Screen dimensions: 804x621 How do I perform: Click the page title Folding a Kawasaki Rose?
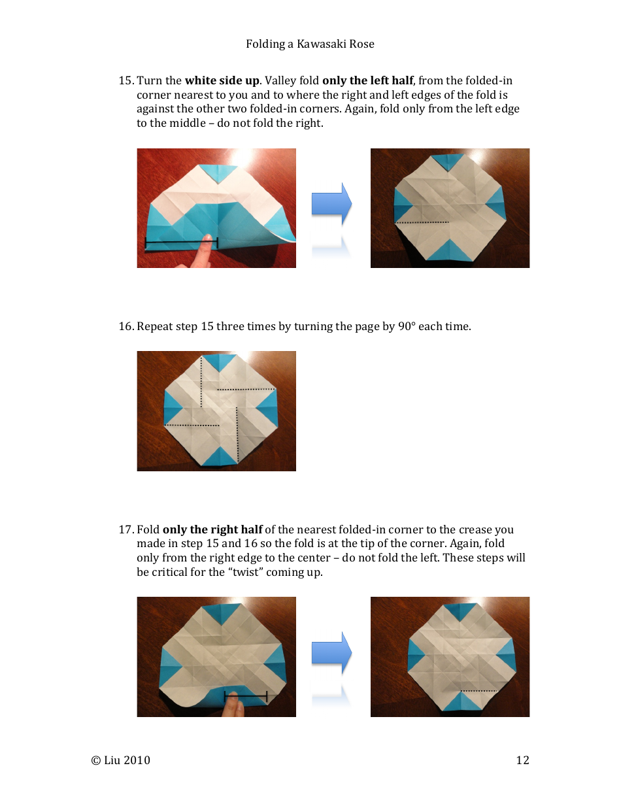310,44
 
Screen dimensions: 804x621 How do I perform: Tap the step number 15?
126,81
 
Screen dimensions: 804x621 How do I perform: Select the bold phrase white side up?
222,81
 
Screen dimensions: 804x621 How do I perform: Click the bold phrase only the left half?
367,81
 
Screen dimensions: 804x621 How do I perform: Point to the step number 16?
126,326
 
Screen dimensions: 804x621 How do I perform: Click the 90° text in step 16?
406,326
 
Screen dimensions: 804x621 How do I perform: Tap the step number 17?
126,529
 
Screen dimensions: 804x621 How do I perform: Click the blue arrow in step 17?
331,653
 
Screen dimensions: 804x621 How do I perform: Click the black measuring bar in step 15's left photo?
181,243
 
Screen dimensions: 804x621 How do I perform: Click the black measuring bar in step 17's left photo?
246,694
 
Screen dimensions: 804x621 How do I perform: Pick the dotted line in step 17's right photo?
479,691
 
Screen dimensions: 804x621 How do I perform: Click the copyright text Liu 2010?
121,760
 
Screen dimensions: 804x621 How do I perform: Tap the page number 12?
522,760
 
